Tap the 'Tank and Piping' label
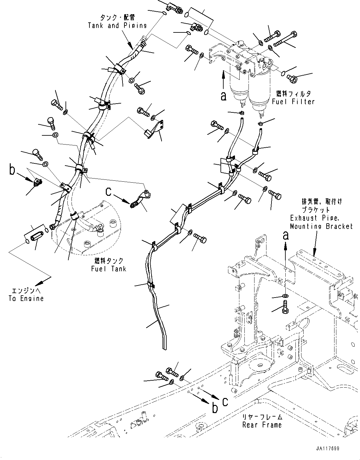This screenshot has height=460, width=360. (x=117, y=26)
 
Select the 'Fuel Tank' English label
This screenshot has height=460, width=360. (x=109, y=269)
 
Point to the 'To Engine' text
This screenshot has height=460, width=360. (x=26, y=298)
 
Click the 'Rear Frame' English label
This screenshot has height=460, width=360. (x=262, y=425)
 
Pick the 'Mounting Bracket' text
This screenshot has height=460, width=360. (x=321, y=226)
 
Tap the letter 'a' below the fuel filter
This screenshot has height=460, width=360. (x=223, y=96)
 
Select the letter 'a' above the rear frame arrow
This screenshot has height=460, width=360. (x=285, y=236)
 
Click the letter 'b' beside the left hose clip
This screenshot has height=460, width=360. (x=12, y=170)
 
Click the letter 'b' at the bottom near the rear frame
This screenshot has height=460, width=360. (x=215, y=408)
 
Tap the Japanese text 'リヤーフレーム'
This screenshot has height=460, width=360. (x=262, y=417)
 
